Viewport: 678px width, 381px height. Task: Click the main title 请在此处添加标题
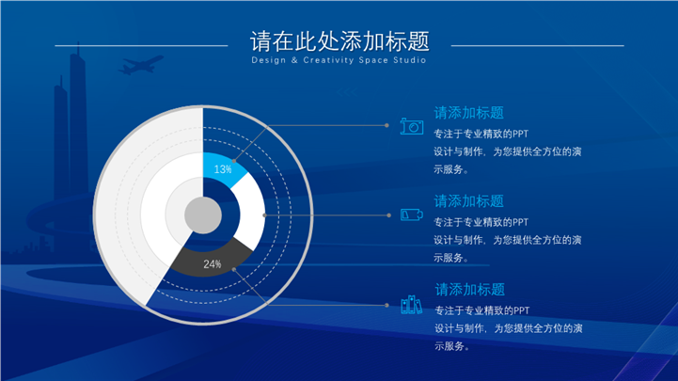tap(339, 41)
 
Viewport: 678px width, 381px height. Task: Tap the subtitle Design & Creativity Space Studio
tap(339, 60)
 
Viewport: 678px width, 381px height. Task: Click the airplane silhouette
tap(140, 65)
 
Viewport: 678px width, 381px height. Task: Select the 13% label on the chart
tap(223, 169)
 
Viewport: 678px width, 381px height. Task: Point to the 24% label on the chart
tap(213, 263)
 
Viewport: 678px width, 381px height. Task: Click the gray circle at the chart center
tap(203, 215)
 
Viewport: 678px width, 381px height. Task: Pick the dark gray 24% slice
tap(212, 259)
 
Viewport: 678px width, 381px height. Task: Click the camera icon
tap(412, 126)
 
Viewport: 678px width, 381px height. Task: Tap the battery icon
tap(412, 214)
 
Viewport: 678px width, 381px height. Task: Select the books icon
tap(411, 305)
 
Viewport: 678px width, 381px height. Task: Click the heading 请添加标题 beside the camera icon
tap(468, 113)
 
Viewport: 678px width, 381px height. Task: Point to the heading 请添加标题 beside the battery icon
tap(468, 201)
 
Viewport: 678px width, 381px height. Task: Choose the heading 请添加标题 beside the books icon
tap(469, 290)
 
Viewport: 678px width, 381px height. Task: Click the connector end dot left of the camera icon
tap(386, 125)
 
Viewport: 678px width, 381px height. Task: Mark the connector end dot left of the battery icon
tap(388, 214)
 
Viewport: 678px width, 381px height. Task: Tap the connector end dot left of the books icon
tap(386, 305)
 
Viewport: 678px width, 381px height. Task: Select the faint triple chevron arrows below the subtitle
tap(347, 92)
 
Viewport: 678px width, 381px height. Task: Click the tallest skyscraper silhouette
tap(78, 130)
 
